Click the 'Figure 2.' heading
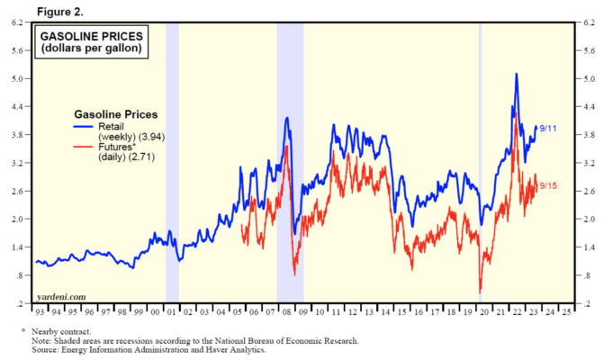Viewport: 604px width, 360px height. click(60, 12)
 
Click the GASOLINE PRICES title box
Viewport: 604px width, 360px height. click(92, 42)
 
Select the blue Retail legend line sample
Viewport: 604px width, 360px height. click(83, 127)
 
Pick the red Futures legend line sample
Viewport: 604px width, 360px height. click(83, 147)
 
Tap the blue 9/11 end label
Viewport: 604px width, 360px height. click(548, 129)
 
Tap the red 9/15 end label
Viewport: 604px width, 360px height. click(548, 186)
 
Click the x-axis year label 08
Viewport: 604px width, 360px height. click(286, 312)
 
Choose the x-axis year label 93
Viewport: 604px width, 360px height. click(40, 312)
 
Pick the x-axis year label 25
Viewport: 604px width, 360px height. click(566, 312)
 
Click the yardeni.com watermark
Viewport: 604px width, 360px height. click(61, 297)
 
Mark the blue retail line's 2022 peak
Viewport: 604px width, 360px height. click(516, 74)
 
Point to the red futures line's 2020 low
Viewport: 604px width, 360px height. click(481, 292)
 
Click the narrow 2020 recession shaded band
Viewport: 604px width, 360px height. click(480, 163)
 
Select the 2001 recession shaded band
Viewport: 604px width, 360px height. click(172, 163)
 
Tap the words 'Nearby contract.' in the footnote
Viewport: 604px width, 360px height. click(61, 331)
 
